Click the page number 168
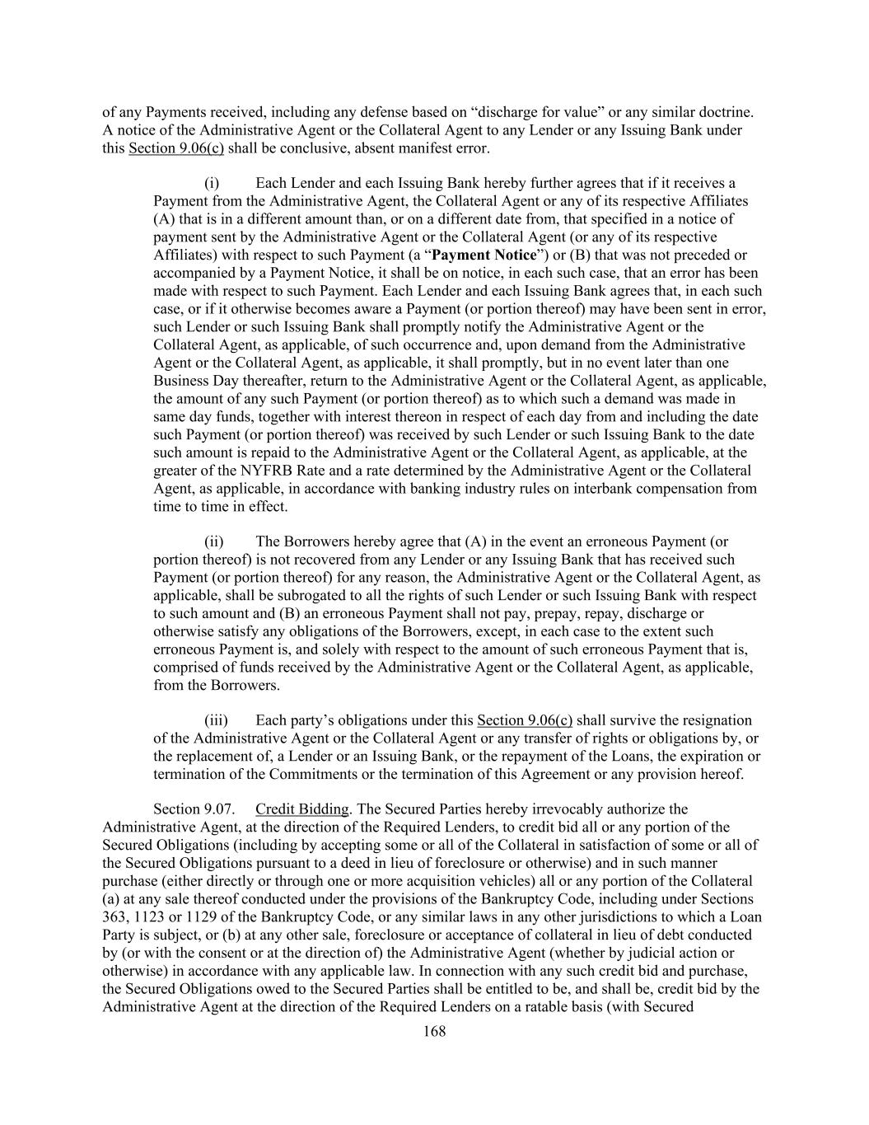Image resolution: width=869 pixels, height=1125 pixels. coord(434,1031)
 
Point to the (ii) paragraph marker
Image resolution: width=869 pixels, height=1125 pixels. coord(213,542)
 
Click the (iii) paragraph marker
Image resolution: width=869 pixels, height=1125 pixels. coord(215,721)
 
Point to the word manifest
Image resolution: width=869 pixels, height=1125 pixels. coord(415,149)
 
